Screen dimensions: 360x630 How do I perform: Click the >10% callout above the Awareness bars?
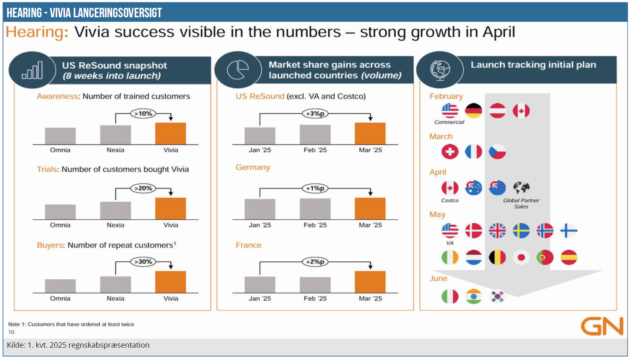pos(143,114)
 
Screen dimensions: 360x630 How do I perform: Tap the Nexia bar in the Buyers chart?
pos(116,284)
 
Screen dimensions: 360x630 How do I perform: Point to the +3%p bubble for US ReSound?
pos(315,114)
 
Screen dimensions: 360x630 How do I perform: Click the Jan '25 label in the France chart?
pos(260,298)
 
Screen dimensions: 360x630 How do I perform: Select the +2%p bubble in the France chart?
pos(315,262)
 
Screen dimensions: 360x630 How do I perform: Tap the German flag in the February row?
pos(473,111)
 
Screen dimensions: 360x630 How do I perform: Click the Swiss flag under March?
pos(450,151)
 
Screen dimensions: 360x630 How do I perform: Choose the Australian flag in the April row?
pos(473,188)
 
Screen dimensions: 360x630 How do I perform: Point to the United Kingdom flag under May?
pos(497,231)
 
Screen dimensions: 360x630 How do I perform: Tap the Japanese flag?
pos(521,258)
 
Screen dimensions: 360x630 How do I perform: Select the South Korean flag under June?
pos(497,296)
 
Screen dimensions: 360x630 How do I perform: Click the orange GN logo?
pos(602,326)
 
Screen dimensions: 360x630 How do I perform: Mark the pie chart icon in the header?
pos(238,70)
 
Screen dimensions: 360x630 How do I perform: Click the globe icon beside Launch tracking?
pos(440,70)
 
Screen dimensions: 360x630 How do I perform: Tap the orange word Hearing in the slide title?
pos(37,32)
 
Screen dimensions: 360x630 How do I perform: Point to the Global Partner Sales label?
pos(521,203)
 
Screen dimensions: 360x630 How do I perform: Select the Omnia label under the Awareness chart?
pos(60,150)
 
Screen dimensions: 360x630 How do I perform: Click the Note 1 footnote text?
pos(71,324)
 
